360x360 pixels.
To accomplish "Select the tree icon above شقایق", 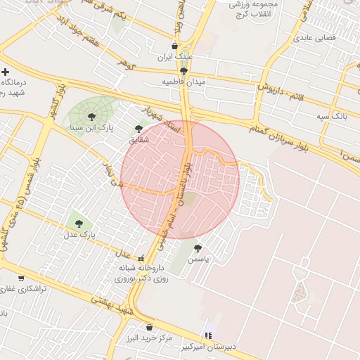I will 138,129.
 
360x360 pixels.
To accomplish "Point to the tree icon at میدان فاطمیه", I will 184,71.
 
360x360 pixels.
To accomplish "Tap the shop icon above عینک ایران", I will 174,46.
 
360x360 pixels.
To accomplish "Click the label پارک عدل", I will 82,233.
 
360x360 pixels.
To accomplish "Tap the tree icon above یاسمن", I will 198,247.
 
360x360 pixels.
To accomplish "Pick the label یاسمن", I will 204,259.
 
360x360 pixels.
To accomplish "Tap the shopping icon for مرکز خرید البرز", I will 149,327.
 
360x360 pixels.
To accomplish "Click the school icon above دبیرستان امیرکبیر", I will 207,335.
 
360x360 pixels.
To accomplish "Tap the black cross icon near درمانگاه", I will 6,72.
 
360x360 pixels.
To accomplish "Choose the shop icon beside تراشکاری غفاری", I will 20,278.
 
